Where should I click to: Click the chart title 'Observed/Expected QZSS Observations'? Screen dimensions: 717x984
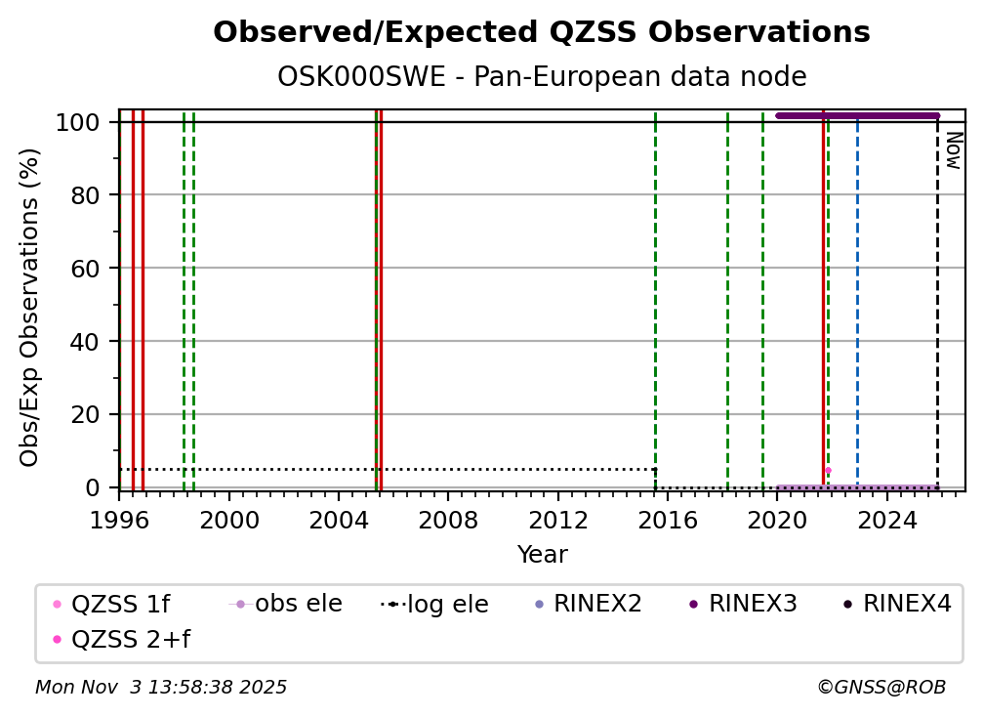[541, 33]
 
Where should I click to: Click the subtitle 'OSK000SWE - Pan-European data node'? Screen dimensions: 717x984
[541, 77]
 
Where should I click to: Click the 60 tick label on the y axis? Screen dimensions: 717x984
[89, 268]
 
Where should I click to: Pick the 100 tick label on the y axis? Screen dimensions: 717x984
[83, 122]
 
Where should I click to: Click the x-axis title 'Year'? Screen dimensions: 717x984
[542, 555]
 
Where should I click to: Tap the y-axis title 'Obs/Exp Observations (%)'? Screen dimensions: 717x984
[30, 307]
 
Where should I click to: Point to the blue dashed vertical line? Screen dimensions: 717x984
[857, 293]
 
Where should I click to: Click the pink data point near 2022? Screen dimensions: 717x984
[828, 471]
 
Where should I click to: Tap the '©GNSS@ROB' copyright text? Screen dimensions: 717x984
[881, 688]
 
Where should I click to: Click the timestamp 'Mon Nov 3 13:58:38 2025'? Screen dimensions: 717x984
[161, 688]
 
